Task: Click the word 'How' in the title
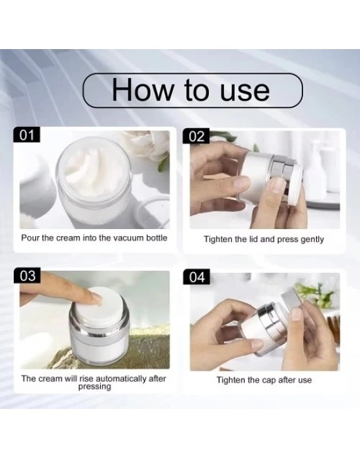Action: (x=142, y=90)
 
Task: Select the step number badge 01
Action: (x=27, y=135)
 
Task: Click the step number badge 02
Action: (x=196, y=136)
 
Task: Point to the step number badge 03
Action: (x=27, y=275)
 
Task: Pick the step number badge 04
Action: (x=196, y=277)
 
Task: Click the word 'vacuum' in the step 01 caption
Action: (x=128, y=238)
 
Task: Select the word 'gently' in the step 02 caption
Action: (x=312, y=239)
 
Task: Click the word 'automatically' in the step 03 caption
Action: (x=121, y=379)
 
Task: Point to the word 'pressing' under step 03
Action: (x=95, y=387)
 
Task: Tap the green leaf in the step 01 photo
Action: (x=164, y=164)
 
